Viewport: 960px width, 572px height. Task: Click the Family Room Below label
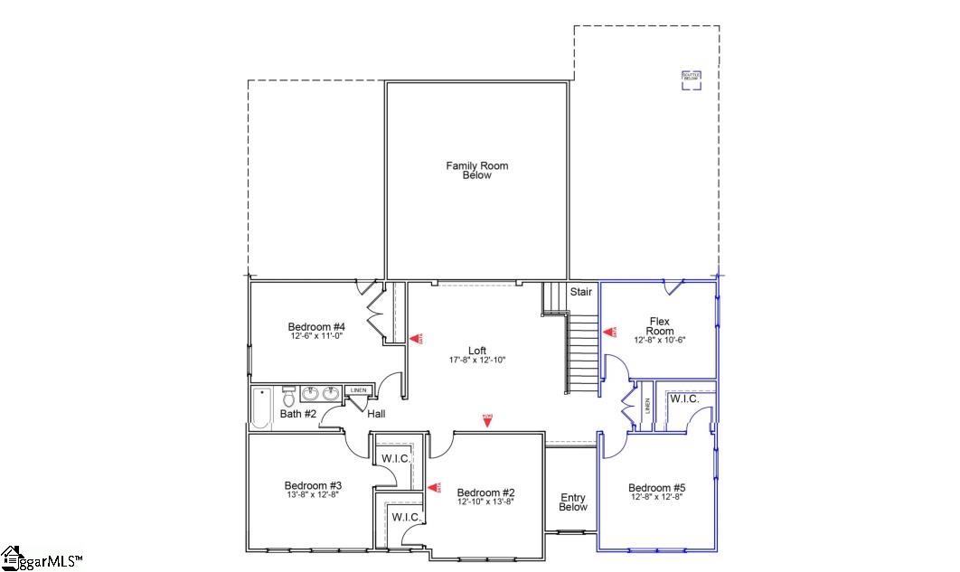(476, 170)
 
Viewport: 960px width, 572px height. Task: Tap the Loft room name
(476, 351)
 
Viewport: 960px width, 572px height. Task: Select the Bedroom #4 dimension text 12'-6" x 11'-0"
(316, 336)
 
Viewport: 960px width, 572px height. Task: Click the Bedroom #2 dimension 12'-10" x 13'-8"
(485, 502)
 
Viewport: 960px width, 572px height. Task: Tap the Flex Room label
(660, 325)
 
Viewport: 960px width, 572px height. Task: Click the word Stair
(580, 292)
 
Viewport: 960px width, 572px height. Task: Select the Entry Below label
(573, 502)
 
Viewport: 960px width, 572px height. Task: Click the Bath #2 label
(297, 414)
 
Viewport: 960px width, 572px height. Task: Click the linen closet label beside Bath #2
(358, 390)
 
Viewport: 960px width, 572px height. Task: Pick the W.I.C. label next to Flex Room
(683, 399)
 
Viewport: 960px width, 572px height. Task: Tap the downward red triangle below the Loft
(487, 419)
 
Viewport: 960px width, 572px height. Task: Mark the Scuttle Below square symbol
(692, 79)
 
